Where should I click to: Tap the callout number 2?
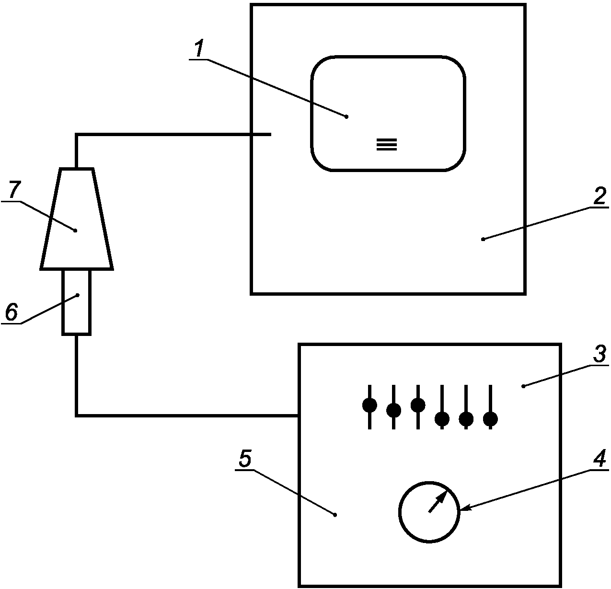[599, 196]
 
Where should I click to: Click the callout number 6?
[12, 312]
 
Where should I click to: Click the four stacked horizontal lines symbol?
[387, 144]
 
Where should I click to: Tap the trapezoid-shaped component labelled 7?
[77, 219]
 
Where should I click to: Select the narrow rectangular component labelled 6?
[76, 302]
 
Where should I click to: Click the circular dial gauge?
[429, 512]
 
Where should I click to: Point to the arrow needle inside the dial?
[438, 502]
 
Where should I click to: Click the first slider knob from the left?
[369, 405]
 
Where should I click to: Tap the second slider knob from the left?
[393, 410]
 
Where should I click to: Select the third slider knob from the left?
[418, 405]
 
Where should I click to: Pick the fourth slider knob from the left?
[442, 418]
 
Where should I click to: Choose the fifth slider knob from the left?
[466, 418]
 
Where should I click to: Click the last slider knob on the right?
[490, 418]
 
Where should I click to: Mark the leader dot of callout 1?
[346, 117]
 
